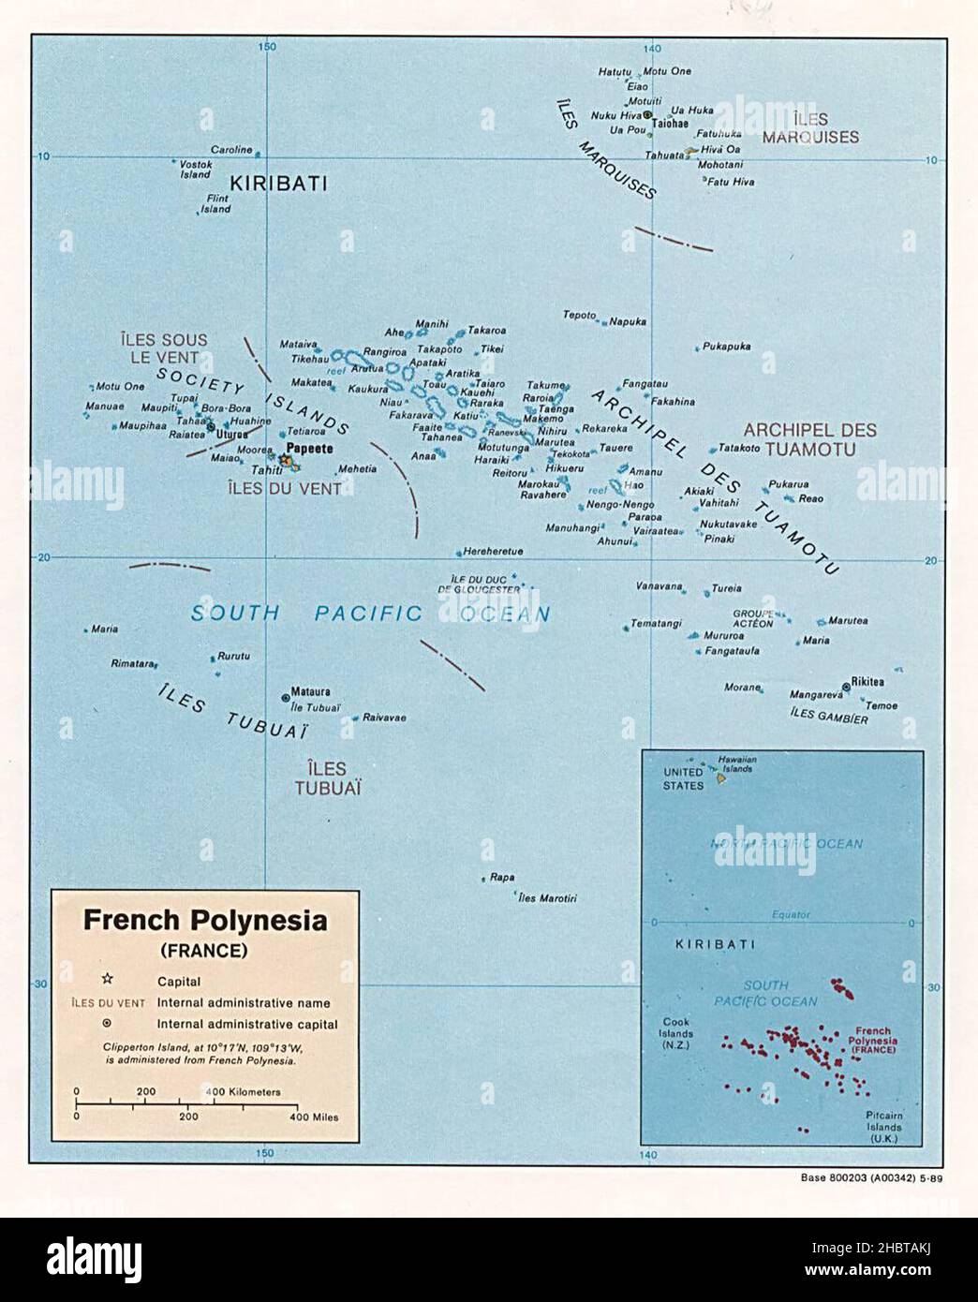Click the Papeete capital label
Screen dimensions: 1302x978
click(309, 449)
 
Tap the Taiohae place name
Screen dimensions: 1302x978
click(670, 124)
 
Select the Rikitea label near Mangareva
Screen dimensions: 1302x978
click(867, 682)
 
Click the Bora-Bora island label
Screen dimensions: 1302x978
click(227, 408)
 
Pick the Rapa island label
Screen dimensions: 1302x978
click(502, 878)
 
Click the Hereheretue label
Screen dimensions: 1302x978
click(493, 552)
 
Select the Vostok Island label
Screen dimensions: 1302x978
click(195, 169)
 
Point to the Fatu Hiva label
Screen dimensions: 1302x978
click(731, 182)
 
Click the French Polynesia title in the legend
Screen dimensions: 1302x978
click(205, 920)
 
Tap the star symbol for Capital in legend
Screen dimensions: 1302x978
click(107, 981)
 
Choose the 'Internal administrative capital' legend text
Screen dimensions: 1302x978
click(247, 1024)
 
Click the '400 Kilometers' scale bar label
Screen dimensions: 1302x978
click(243, 1091)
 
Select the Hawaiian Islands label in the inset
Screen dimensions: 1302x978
click(737, 763)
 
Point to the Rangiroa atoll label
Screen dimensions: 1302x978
click(384, 352)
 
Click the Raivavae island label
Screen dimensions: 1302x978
click(384, 718)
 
